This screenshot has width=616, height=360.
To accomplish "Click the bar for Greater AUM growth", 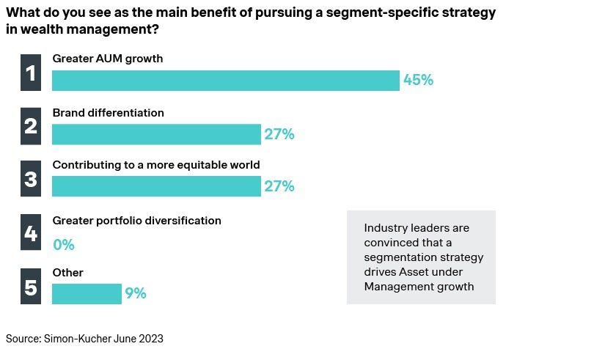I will coord(225,81).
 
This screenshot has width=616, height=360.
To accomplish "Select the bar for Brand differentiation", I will coord(156,134).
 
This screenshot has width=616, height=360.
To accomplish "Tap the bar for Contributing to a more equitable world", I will coord(156,186).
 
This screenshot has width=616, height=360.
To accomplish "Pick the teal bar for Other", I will coord(87,293).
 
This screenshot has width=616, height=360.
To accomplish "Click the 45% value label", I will coord(419,81).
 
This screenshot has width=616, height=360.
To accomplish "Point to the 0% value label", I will coord(64,245).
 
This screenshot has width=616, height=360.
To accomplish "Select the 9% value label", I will coord(136,293).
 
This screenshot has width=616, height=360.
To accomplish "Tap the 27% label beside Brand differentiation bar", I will coord(279,134).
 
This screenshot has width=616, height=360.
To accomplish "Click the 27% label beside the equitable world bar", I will coord(279,186).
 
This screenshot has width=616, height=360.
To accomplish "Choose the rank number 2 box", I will coord(31,126).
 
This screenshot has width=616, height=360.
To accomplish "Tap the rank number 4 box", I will coord(31,233).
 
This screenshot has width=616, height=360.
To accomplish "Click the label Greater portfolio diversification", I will coord(136,220).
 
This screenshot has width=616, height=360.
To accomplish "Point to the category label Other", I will coord(67,273).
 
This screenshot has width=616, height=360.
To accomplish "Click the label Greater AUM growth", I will coord(107,58).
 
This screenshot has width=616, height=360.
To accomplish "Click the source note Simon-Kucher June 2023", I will coord(84,339).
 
